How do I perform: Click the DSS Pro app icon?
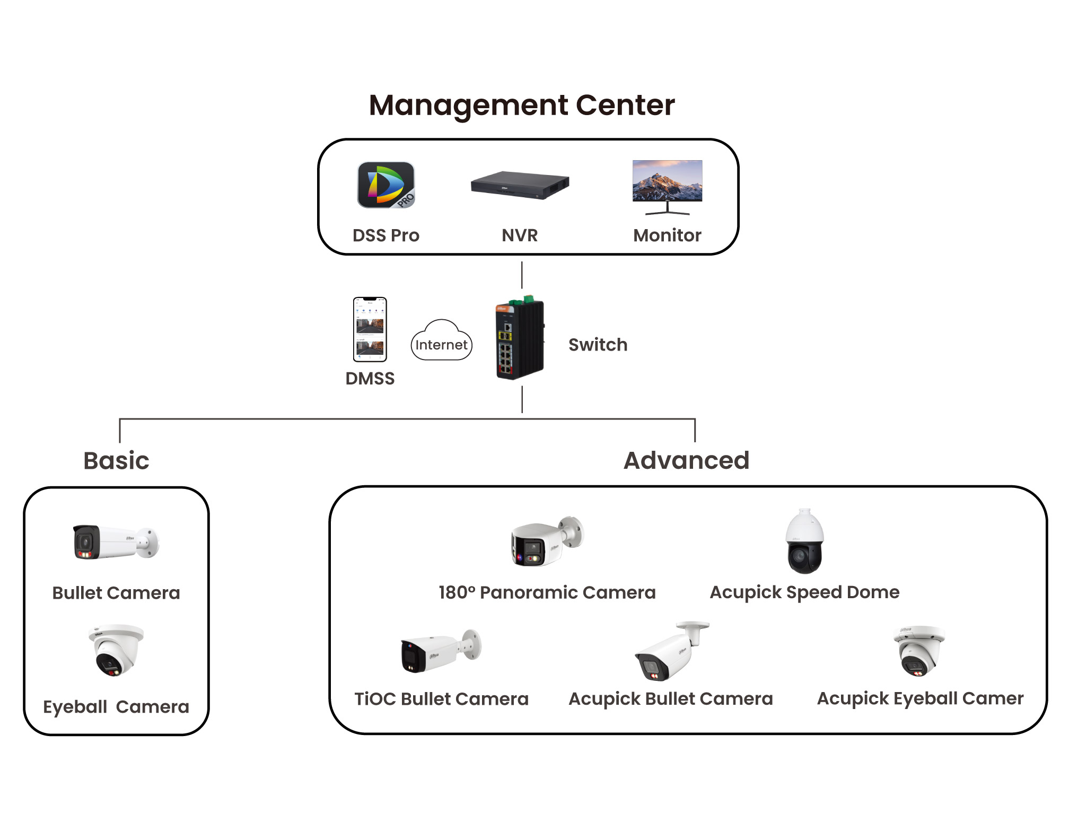pos(386,185)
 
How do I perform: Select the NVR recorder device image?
pos(520,185)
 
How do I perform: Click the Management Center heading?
pos(522,105)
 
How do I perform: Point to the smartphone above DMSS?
pos(370,329)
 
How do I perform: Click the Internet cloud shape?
pos(441,342)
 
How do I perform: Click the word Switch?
pos(598,345)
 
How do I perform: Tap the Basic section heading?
pos(116,460)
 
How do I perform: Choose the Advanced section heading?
pos(686,460)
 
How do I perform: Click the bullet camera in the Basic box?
pos(116,542)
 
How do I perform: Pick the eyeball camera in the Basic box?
pos(116,650)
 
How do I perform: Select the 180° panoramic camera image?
pos(547,541)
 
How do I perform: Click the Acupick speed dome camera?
pos(804,541)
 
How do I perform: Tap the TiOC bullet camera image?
pos(441,651)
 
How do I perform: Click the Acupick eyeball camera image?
pos(919,651)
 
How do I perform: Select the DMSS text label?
pos(370,379)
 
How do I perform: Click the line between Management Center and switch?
pos(522,275)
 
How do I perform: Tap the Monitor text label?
pos(667,235)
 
